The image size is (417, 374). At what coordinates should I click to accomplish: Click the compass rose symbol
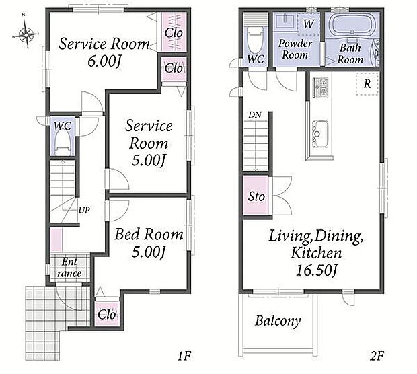pos(27,34)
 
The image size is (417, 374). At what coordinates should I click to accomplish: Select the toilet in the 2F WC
pos(255,40)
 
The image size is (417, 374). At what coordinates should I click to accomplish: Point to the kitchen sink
pos(320,134)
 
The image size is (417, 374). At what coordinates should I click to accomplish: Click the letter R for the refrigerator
pos(367,84)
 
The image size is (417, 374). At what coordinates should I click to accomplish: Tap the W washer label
pos(309,24)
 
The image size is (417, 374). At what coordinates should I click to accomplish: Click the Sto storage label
pos(256,197)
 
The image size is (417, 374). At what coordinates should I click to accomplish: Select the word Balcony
pos(278,321)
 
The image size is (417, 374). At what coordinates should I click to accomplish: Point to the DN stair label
pos(255,115)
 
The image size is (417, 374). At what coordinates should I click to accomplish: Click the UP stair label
pos(84,210)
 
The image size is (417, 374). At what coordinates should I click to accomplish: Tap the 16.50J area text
pos(316,270)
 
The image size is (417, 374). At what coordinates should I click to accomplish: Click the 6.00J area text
pos(104,62)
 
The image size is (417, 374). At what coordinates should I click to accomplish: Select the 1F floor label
pos(184,356)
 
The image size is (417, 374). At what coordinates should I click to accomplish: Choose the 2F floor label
pos(377,356)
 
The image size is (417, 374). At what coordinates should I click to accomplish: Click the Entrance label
pos(69,268)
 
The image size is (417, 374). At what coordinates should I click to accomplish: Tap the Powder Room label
pos(295,49)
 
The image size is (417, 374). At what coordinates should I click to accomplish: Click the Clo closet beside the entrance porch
pos(107,315)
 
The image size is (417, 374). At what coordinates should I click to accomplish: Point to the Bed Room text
pos(149,235)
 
